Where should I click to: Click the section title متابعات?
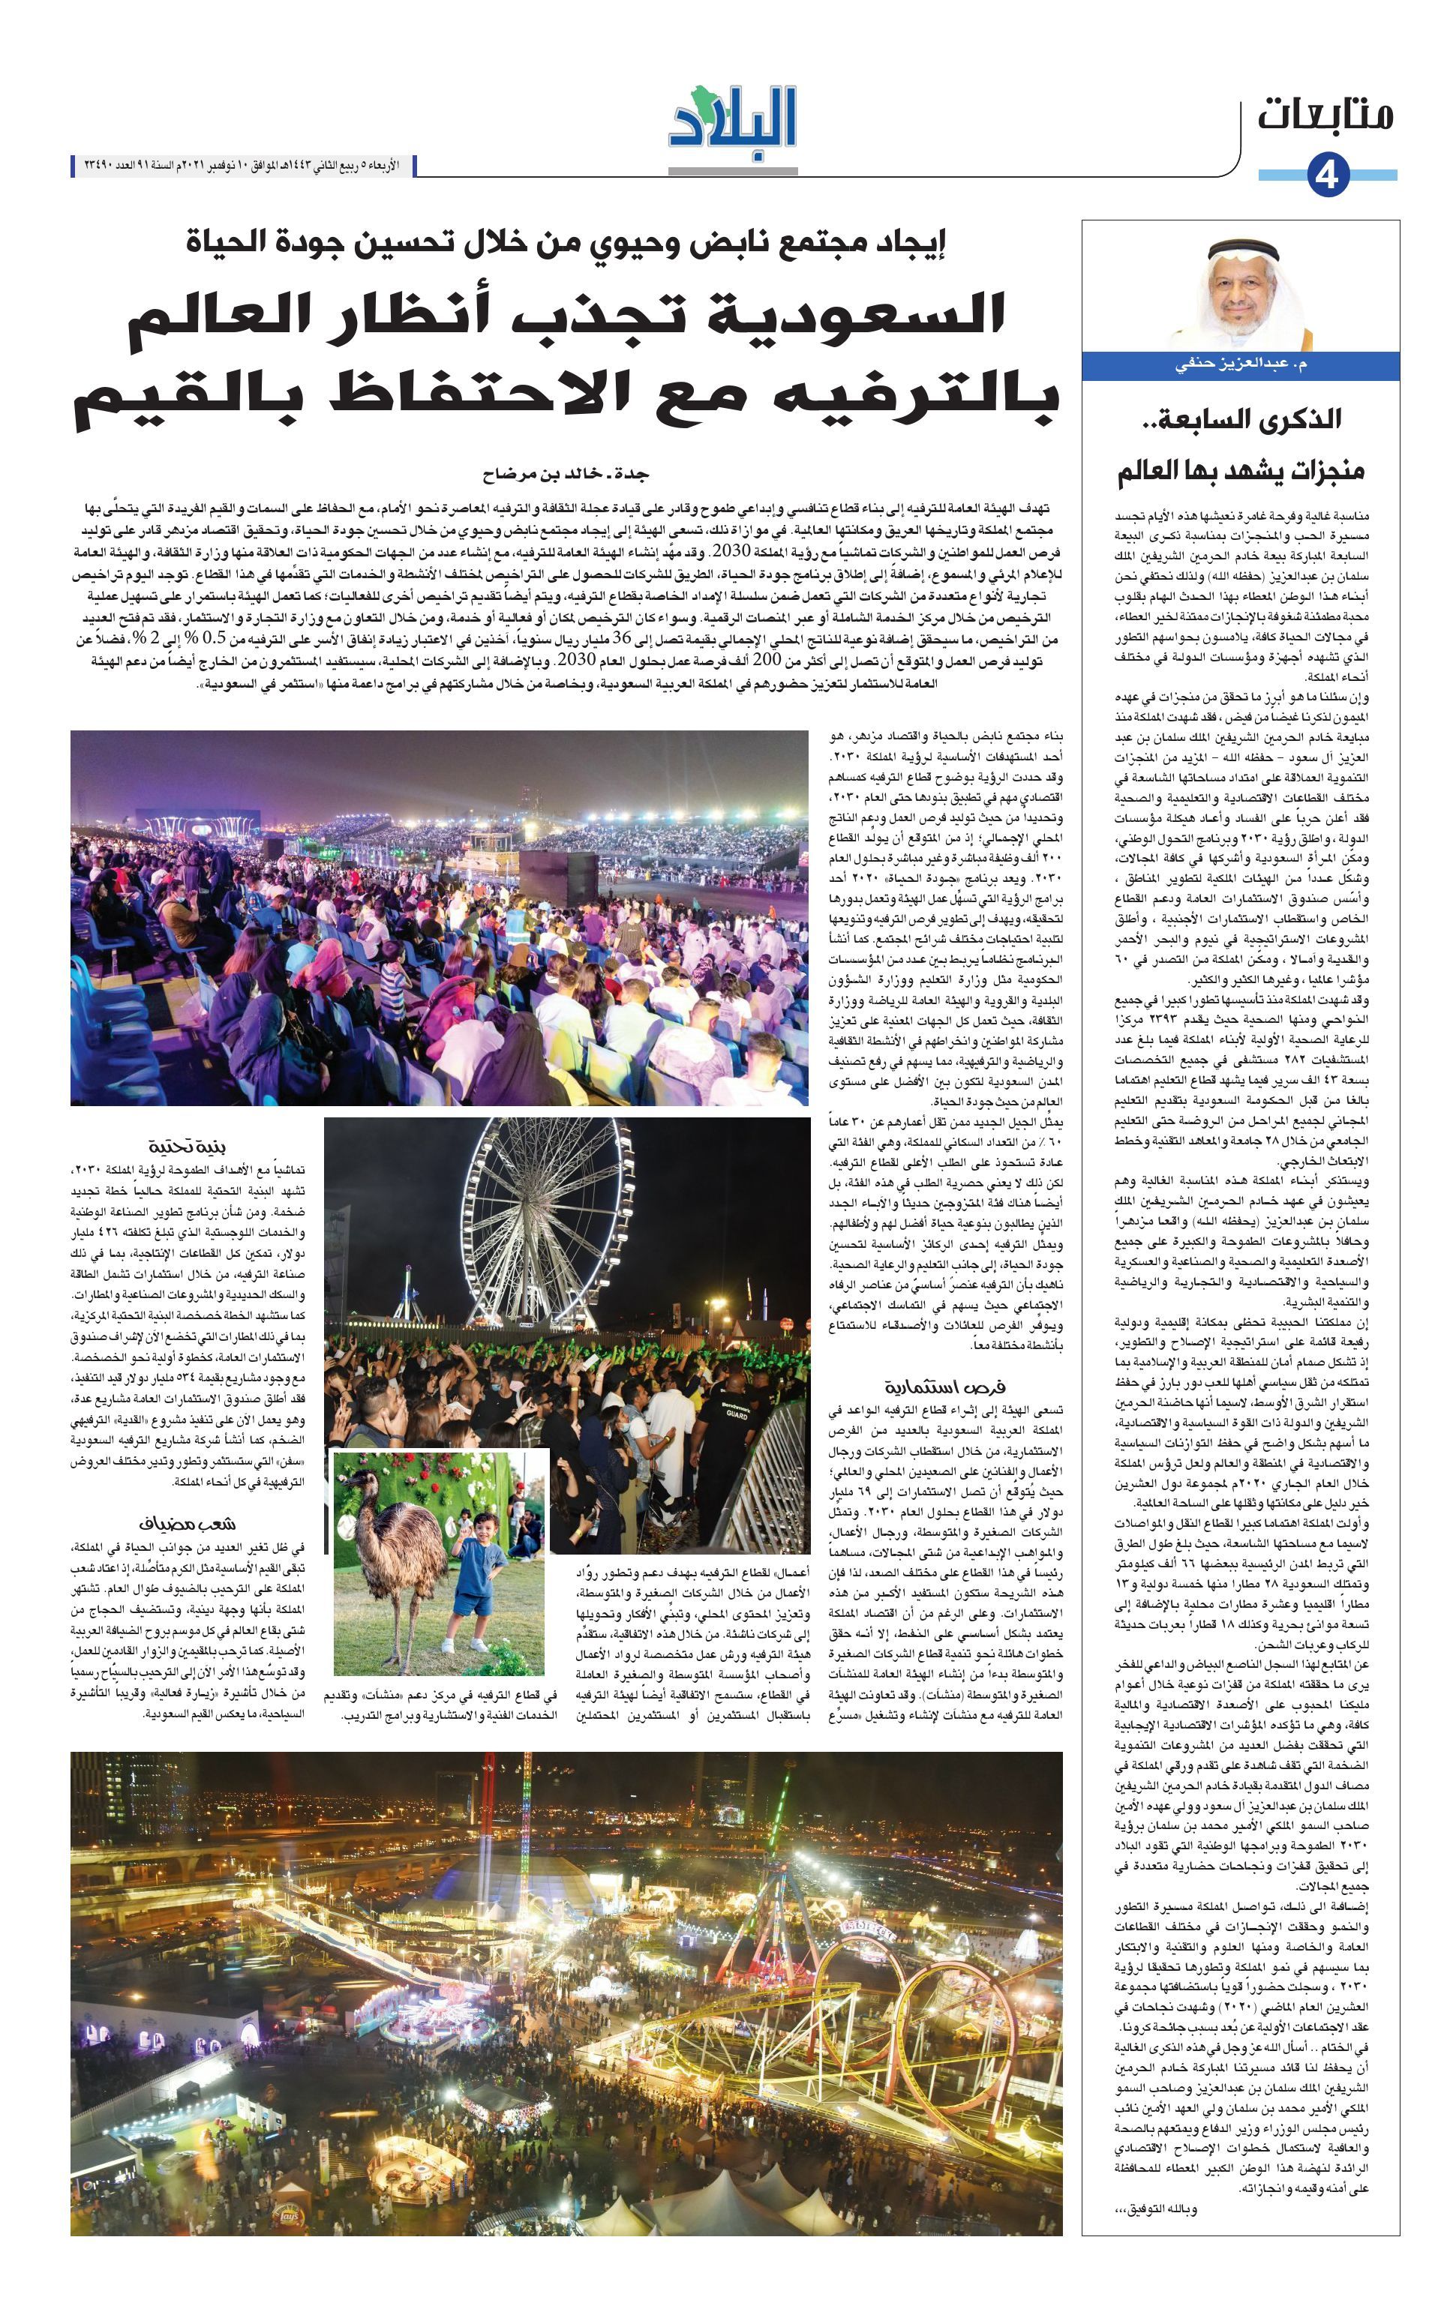click(x=1324, y=114)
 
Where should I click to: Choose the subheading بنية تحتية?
click(x=188, y=1147)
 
